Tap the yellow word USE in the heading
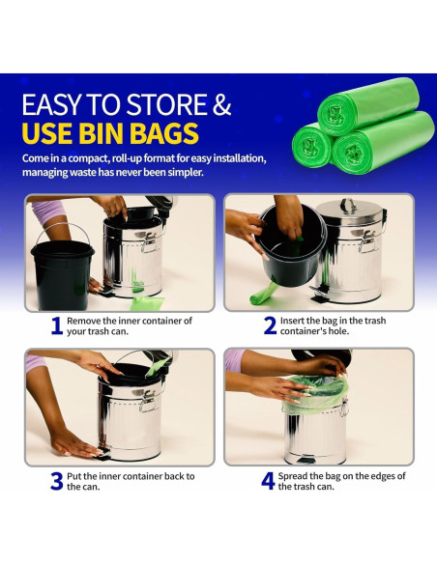[52, 132]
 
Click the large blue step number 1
[57, 325]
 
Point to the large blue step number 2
[270, 325]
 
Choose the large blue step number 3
[57, 481]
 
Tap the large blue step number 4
[268, 481]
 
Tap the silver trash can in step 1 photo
[131, 256]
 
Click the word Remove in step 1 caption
[86, 321]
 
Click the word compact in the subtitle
[96, 158]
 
